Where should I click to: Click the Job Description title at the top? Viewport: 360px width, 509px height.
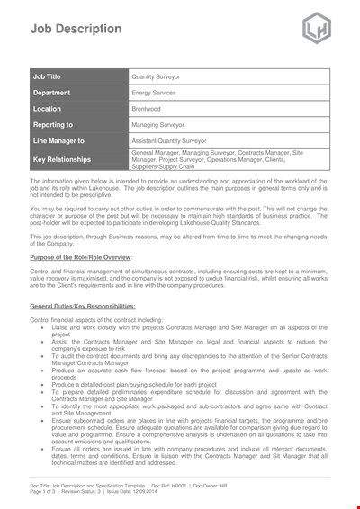[x=64, y=28]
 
